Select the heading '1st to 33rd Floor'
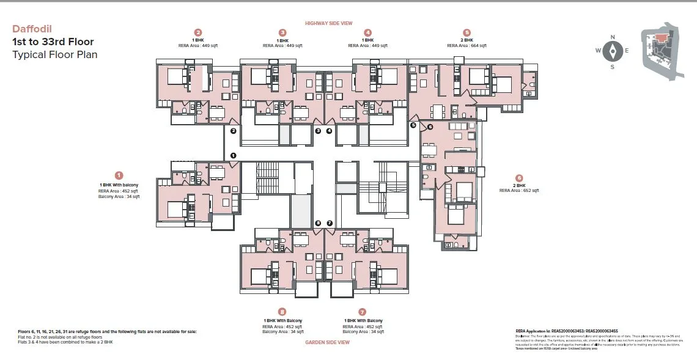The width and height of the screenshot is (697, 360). [x=53, y=42]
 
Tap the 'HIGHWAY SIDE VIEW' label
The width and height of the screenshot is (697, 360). [x=329, y=23]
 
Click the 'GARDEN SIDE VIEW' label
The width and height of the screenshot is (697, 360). [x=327, y=342]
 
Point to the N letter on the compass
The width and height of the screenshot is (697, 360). [x=613, y=37]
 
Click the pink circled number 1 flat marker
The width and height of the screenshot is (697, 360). [x=119, y=175]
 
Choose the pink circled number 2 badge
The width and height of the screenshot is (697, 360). [x=197, y=32]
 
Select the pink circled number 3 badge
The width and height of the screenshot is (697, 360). [x=282, y=32]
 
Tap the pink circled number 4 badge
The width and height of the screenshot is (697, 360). [x=367, y=32]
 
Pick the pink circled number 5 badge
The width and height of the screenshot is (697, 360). [x=467, y=32]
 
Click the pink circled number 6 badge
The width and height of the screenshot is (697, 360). [x=519, y=178]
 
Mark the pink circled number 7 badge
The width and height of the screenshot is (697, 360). [x=363, y=311]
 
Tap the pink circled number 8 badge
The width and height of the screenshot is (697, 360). [x=282, y=311]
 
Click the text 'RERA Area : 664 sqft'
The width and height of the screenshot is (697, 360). [x=467, y=45]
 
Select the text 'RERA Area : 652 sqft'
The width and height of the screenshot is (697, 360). [x=519, y=191]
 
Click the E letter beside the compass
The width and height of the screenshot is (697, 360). [x=627, y=51]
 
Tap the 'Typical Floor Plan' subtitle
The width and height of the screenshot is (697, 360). [x=54, y=54]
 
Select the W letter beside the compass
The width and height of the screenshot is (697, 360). [x=598, y=51]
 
